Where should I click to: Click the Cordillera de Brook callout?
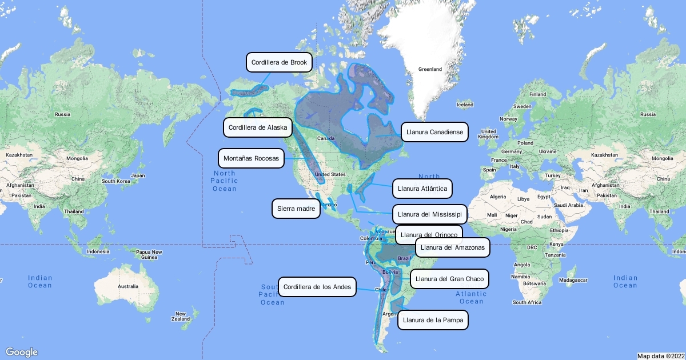coord(279,62)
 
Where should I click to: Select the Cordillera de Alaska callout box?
coord(258,127)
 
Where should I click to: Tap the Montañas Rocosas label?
coord(251,158)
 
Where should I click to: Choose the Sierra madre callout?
coord(296,209)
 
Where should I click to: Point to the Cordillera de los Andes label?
coord(317,286)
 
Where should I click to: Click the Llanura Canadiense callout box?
coord(434,132)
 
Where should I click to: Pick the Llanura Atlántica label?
coord(423,187)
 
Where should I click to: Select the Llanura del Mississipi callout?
coord(430,214)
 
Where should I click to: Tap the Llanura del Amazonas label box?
coord(453,247)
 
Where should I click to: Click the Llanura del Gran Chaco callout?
coord(449,279)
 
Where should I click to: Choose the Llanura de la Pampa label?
coord(433,320)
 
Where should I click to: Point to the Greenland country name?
coord(430,69)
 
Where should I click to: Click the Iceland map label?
coord(465,105)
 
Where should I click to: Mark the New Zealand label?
coord(181,316)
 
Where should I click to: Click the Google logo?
coord(22,352)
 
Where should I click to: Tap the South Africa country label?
coord(527,302)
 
